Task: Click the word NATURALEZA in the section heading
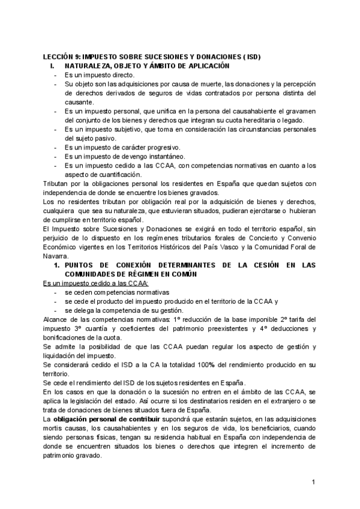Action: pos(95,65)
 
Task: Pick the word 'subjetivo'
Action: pos(125,129)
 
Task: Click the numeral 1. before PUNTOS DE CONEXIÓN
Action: pos(56,265)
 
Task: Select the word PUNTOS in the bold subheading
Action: pos(80,265)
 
